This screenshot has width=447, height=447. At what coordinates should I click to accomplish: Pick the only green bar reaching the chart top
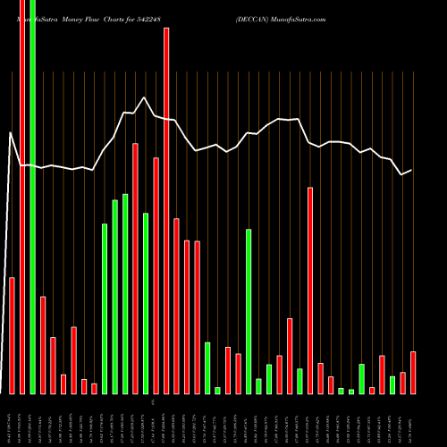pyautogui.click(x=32, y=197)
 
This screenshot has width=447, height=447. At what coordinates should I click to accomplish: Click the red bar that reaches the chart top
pyautogui.click(x=22, y=197)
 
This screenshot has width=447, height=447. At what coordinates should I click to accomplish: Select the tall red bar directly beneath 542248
pyautogui.click(x=166, y=210)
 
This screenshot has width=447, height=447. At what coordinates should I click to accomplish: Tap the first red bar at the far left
pyautogui.click(x=12, y=335)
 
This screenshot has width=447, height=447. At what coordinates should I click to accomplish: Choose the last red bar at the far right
pyautogui.click(x=413, y=373)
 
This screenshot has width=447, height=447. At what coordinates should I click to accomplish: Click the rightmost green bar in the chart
pyautogui.click(x=392, y=384)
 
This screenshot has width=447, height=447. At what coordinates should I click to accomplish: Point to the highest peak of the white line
pyautogui.click(x=144, y=97)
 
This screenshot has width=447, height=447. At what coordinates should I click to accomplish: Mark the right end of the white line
pyautogui.click(x=411, y=170)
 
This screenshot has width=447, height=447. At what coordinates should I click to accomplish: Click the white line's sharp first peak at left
pyautogui.click(x=11, y=133)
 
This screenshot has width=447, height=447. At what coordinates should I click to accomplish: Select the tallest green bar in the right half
pyautogui.click(x=249, y=311)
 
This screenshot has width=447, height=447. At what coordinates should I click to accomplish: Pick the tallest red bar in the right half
pyautogui.click(x=310, y=291)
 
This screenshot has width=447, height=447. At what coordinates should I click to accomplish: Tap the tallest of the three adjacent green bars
pyautogui.click(x=125, y=293)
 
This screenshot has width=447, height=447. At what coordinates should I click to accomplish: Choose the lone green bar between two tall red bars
pyautogui.click(x=146, y=303)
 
